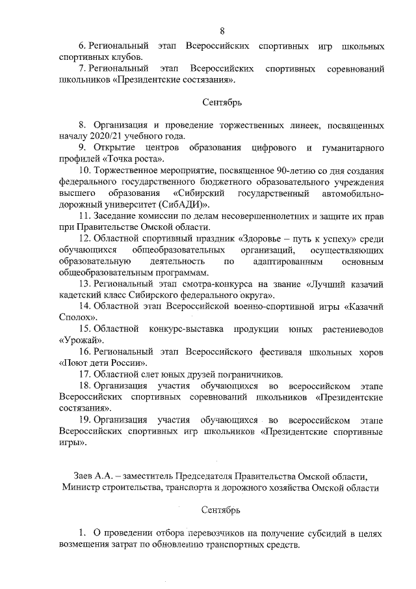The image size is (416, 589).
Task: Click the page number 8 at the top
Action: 222,31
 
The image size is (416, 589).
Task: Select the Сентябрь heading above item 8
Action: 221,102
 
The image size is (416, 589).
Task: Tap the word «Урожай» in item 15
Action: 81,339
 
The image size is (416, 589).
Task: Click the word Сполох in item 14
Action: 75,316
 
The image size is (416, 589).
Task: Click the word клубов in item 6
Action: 125,58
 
